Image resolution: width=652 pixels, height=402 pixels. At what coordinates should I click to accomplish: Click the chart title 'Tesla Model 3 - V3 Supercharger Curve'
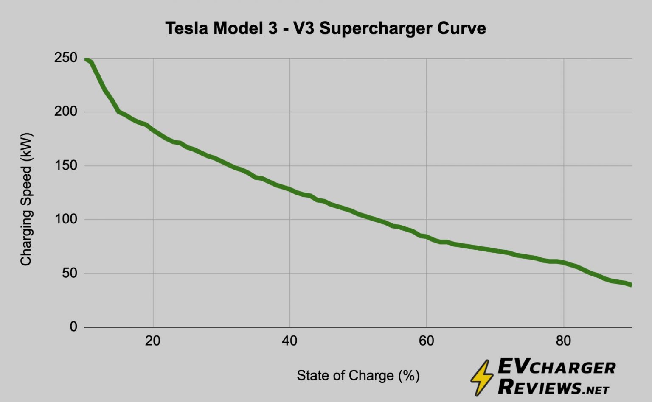pos(326,29)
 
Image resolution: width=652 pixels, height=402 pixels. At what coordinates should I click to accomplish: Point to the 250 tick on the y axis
pos(66,58)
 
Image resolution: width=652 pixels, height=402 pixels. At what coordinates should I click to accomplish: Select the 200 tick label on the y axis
pos(66,112)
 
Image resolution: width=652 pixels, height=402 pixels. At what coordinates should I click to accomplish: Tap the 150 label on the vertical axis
pos(66,166)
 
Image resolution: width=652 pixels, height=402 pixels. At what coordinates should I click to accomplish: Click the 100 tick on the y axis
pos(66,220)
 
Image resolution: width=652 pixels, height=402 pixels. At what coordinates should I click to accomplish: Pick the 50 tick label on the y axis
pos(70,274)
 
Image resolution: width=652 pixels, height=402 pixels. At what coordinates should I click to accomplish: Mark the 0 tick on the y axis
pos(73,327)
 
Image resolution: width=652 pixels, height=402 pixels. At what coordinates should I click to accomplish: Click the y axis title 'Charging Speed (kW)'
pos(26,199)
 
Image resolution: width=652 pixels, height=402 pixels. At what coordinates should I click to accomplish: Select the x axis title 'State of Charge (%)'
pos(358,376)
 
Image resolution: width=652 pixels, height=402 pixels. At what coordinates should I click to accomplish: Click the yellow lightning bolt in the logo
pos(482,377)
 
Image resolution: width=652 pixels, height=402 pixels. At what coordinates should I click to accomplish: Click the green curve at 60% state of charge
pos(427,237)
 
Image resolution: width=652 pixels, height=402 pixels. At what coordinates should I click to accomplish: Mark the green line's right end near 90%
pos(631,285)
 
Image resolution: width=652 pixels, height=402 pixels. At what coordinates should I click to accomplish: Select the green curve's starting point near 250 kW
pos(86,60)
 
